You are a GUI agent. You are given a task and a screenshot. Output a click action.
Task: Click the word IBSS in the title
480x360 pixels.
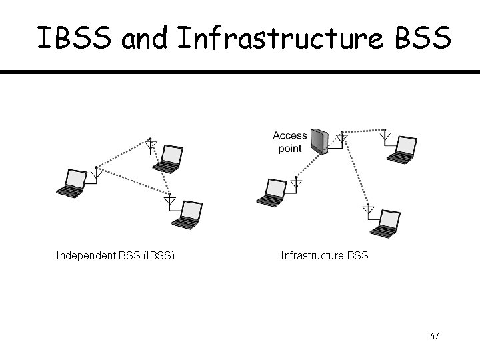[77, 39]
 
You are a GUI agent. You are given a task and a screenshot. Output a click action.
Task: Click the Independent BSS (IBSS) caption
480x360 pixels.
[116, 255]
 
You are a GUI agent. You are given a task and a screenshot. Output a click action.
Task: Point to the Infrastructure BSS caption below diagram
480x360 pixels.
[325, 255]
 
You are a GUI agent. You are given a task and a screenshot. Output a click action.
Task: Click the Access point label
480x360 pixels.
[290, 142]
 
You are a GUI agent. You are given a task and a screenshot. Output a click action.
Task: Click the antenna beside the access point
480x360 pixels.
[342, 139]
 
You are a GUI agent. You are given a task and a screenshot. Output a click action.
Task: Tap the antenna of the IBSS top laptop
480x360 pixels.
[151, 145]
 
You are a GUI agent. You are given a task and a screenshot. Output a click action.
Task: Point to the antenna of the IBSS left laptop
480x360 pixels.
[97, 173]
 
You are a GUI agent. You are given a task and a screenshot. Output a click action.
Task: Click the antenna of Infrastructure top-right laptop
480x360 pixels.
[385, 137]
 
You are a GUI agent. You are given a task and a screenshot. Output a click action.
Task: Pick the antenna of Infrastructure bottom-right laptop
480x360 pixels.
[367, 209]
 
